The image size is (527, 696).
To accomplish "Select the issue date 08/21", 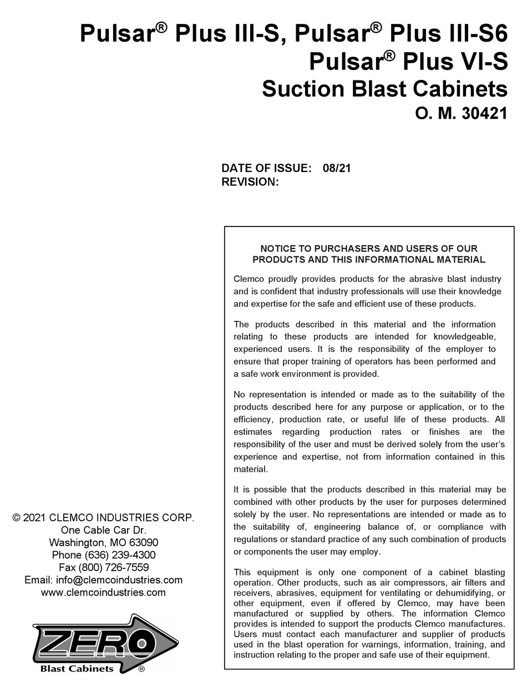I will (337, 168).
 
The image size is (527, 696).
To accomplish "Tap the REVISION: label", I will (250, 181).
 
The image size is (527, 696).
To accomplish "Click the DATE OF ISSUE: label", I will (266, 168).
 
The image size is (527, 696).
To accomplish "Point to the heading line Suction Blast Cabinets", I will (384, 89).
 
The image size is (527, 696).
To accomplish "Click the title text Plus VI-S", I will (455, 61).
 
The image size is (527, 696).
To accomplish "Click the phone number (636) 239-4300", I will (120, 555).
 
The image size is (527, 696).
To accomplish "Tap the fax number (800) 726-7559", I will (114, 567).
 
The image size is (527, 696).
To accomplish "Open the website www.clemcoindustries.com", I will (103, 592).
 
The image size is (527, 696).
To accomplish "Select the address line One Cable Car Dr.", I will (103, 530).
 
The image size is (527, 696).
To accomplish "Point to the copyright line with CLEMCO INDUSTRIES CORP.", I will (103, 518).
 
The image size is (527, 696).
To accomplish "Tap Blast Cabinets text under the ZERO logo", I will (77, 669).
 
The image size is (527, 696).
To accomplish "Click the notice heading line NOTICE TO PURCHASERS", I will (369, 249).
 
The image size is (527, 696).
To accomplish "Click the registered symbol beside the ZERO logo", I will (141, 670).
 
